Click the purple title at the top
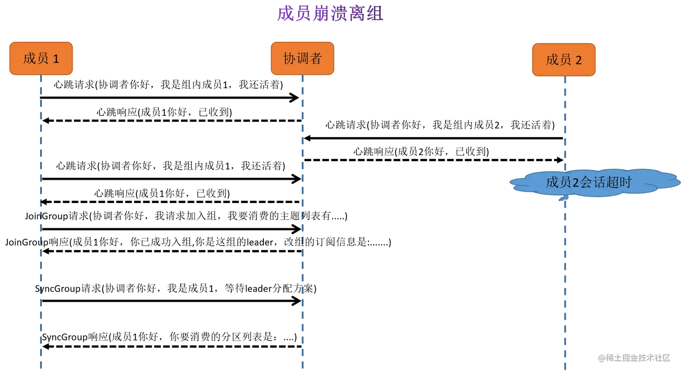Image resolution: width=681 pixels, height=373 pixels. (x=330, y=13)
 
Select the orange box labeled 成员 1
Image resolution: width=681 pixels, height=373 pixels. (x=41, y=58)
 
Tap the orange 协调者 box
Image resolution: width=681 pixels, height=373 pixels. (x=302, y=58)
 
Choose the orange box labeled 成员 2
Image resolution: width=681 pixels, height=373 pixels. (x=564, y=60)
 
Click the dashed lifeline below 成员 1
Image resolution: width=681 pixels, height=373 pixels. (x=40, y=225)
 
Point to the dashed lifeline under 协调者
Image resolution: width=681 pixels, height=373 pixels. (x=302, y=225)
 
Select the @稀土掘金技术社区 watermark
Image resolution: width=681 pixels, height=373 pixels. (x=634, y=357)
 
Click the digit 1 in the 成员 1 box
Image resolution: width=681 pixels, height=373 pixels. (x=56, y=59)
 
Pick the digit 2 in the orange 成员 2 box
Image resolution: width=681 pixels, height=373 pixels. (x=578, y=60)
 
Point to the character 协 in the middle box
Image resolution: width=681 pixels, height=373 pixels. (x=289, y=58)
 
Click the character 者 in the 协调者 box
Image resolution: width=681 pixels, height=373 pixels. (x=315, y=58)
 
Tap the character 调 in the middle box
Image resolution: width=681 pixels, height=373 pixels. (x=302, y=58)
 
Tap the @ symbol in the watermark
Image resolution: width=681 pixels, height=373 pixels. (x=601, y=358)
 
